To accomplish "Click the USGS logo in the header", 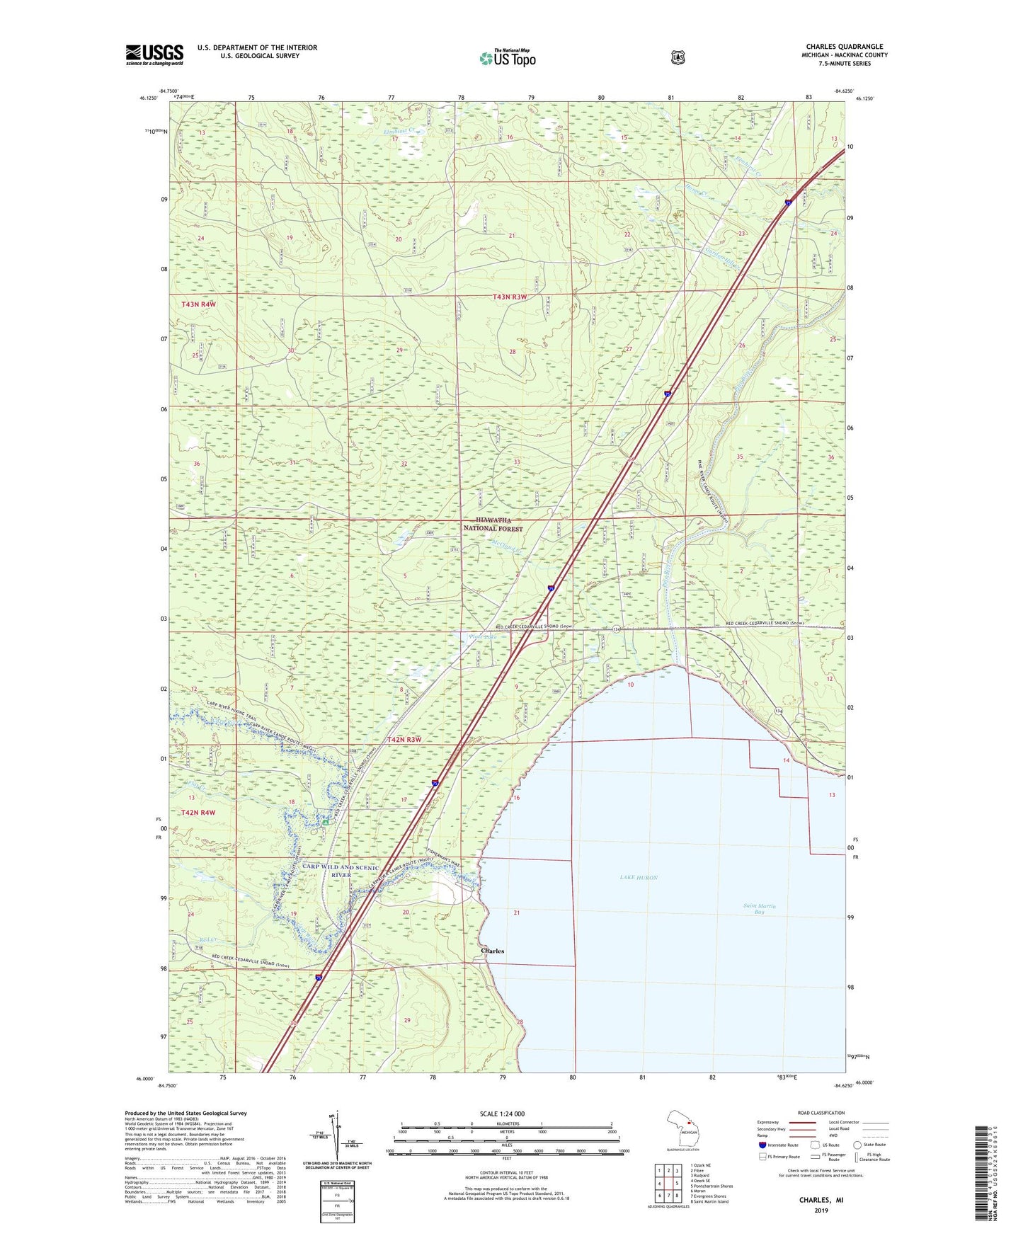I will tap(154, 55).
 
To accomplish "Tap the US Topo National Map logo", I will tap(507, 57).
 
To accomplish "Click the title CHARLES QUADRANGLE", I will tap(844, 47).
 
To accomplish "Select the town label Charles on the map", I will tap(492, 951).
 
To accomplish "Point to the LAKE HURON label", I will tap(639, 877).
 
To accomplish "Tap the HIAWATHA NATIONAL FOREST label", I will tap(493, 525).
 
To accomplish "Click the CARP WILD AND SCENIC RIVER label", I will tap(341, 871).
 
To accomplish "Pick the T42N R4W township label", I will tap(198, 813).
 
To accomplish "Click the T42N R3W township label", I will tap(404, 740).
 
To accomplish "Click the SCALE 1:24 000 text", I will tap(502, 1114).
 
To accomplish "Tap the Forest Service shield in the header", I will tap(678, 57).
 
